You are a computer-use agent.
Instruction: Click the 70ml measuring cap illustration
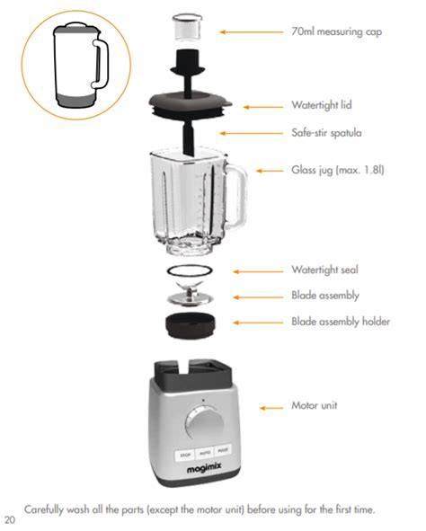point(187,28)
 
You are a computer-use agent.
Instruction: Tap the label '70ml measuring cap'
point(337,31)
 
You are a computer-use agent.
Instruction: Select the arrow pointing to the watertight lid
point(263,107)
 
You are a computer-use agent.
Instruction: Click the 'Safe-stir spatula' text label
point(326,132)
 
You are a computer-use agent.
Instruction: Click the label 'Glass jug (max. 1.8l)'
point(338,169)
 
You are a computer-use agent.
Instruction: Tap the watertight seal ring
point(190,270)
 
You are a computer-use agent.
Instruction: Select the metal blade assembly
point(190,293)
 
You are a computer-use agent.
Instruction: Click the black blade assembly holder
point(190,324)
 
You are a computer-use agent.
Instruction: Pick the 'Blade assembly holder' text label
point(341,322)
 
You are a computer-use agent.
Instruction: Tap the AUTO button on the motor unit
point(205,453)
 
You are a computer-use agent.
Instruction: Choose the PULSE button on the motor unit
point(223,450)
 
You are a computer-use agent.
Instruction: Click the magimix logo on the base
point(204,468)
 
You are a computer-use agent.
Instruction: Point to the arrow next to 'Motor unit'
point(271,408)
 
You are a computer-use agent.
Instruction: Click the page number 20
point(10,520)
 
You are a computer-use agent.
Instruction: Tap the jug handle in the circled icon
point(101,64)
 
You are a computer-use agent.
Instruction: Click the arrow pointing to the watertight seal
point(258,271)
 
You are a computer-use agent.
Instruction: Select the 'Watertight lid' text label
point(322,104)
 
